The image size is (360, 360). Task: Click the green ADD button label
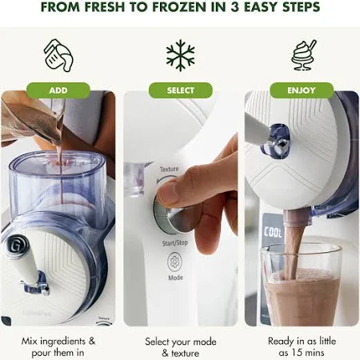pyautogui.click(x=58, y=90)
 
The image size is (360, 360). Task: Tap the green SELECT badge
pyautogui.click(x=181, y=90)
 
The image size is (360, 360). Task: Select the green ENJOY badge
pyautogui.click(x=302, y=90)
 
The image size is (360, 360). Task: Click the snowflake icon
pyautogui.click(x=181, y=55)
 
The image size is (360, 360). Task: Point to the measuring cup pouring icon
pyautogui.click(x=58, y=55)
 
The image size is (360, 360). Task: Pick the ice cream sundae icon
pyautogui.click(x=303, y=55)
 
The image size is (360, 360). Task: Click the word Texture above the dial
pyautogui.click(x=169, y=169)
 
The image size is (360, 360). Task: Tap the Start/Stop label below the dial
pyautogui.click(x=175, y=243)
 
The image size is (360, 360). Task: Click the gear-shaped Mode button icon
pyautogui.click(x=175, y=262)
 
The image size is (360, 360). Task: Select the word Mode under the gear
pyautogui.click(x=175, y=278)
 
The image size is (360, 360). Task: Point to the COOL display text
pyautogui.click(x=273, y=232)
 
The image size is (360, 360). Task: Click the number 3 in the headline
pyautogui.click(x=235, y=7)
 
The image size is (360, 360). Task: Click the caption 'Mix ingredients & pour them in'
pyautogui.click(x=58, y=347)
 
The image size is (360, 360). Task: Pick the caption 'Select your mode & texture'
pyautogui.click(x=181, y=347)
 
